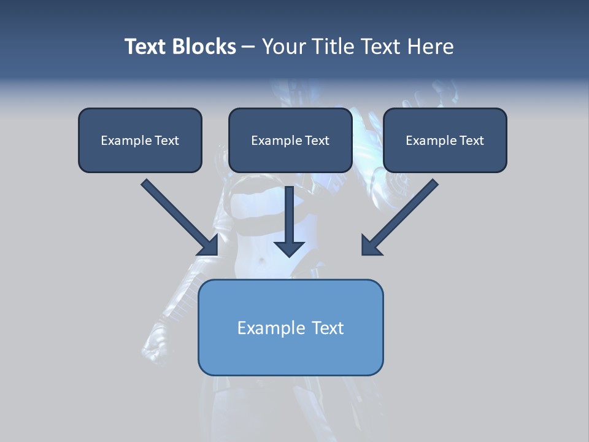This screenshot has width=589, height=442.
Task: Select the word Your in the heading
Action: click(x=283, y=47)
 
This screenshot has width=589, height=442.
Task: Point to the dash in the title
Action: click(x=248, y=47)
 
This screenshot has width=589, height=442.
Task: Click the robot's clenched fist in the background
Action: click(x=155, y=351)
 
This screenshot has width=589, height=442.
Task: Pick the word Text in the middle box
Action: click(x=317, y=141)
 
